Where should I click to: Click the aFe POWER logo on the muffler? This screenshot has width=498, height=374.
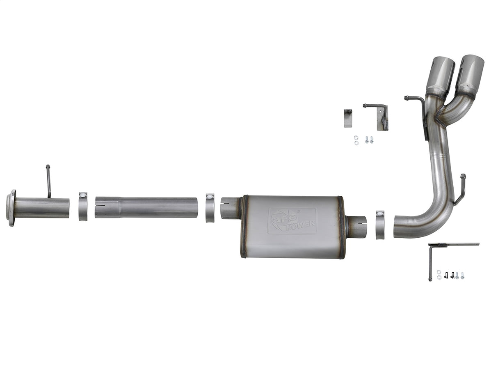tap(292, 220)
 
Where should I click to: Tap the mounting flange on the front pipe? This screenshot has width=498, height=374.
tap(11, 208)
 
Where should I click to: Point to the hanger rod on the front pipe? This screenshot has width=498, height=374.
tap(48, 181)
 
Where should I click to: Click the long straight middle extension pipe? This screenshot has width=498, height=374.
tap(146, 207)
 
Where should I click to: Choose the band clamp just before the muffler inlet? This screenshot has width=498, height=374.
tap(210, 207)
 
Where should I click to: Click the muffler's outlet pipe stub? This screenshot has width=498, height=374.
tap(357, 227)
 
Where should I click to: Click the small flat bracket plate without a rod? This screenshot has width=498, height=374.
tap(348, 118)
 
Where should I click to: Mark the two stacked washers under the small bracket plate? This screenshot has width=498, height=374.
tap(356, 140)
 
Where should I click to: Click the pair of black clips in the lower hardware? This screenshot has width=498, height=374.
tap(449, 275)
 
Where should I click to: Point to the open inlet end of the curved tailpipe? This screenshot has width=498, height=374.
tap(396, 226)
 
